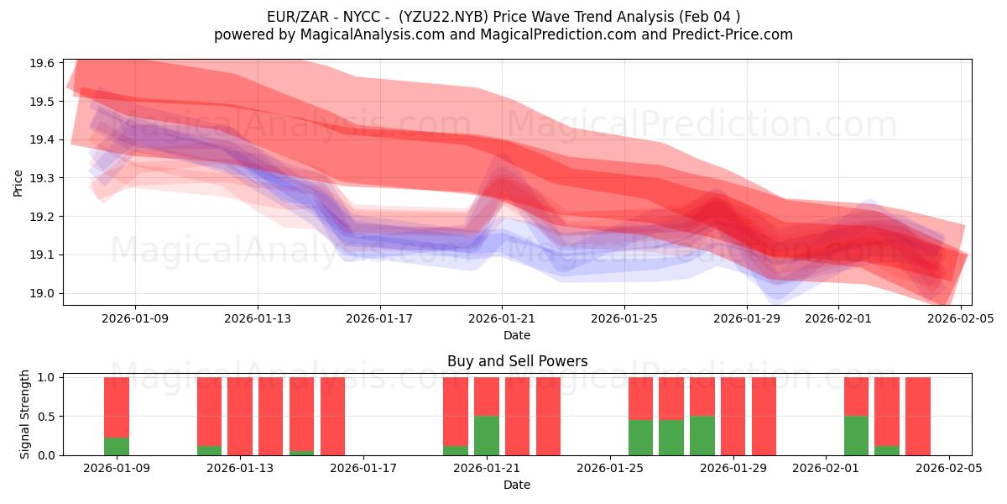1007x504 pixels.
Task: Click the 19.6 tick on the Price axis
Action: coord(43,63)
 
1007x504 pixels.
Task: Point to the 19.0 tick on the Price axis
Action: coord(43,293)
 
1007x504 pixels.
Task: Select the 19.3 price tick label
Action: coord(43,178)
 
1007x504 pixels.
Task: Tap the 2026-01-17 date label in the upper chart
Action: coord(379,318)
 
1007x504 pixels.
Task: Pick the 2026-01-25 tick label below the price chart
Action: coord(624,318)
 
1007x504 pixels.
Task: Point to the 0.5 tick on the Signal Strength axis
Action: coord(46,417)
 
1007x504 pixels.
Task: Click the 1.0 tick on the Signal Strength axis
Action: coord(46,378)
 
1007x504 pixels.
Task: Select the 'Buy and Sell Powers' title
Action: coord(517,361)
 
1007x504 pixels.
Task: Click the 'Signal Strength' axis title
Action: coord(25,414)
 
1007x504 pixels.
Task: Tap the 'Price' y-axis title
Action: coord(18,182)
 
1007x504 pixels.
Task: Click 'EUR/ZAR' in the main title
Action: coord(292,16)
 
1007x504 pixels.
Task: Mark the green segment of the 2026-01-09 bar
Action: coord(117,446)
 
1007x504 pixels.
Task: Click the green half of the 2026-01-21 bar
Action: coord(487,435)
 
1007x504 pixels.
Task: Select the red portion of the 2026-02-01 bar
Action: coord(856,396)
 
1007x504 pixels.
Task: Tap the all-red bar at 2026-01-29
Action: coord(764,416)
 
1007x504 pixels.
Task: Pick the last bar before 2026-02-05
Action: coord(917,416)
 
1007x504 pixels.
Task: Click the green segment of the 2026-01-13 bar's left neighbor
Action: coord(210,450)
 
